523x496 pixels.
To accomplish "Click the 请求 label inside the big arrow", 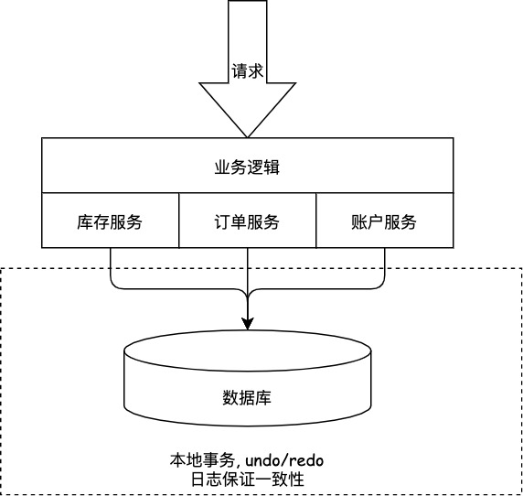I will click(247, 70).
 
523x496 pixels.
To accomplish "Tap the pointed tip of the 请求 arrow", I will click(247, 135).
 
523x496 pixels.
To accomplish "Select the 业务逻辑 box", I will click(247, 166).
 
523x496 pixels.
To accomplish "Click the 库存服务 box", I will click(110, 221).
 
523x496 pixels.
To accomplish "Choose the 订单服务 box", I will click(247, 221).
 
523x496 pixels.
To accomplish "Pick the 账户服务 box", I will click(383, 221).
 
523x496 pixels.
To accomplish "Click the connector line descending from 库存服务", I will click(110, 267).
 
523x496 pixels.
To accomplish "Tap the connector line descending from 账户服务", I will click(384, 267).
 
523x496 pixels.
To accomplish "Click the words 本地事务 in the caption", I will click(199, 458).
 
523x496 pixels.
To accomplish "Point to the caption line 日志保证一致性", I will click(247, 478).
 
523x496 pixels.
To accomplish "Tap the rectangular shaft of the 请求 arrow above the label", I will click(247, 27).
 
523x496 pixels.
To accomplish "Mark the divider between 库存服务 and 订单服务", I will click(178, 221).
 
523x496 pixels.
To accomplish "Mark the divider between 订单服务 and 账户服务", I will click(315, 221).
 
